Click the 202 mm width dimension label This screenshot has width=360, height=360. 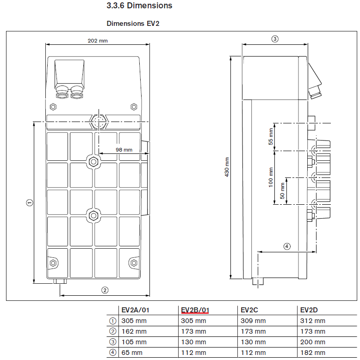click(98, 41)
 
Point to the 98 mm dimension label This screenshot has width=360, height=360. click(124, 150)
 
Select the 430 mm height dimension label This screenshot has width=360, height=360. click(227, 167)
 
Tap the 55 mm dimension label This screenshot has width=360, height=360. click(271, 137)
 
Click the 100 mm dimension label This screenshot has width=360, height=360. click(271, 177)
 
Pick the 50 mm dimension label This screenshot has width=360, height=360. click(282, 190)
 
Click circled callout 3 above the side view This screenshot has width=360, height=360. click(275, 39)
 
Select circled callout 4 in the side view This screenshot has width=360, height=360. click(287, 246)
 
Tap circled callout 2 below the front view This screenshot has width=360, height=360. click(105, 290)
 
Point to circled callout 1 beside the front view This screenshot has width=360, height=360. click(30, 202)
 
